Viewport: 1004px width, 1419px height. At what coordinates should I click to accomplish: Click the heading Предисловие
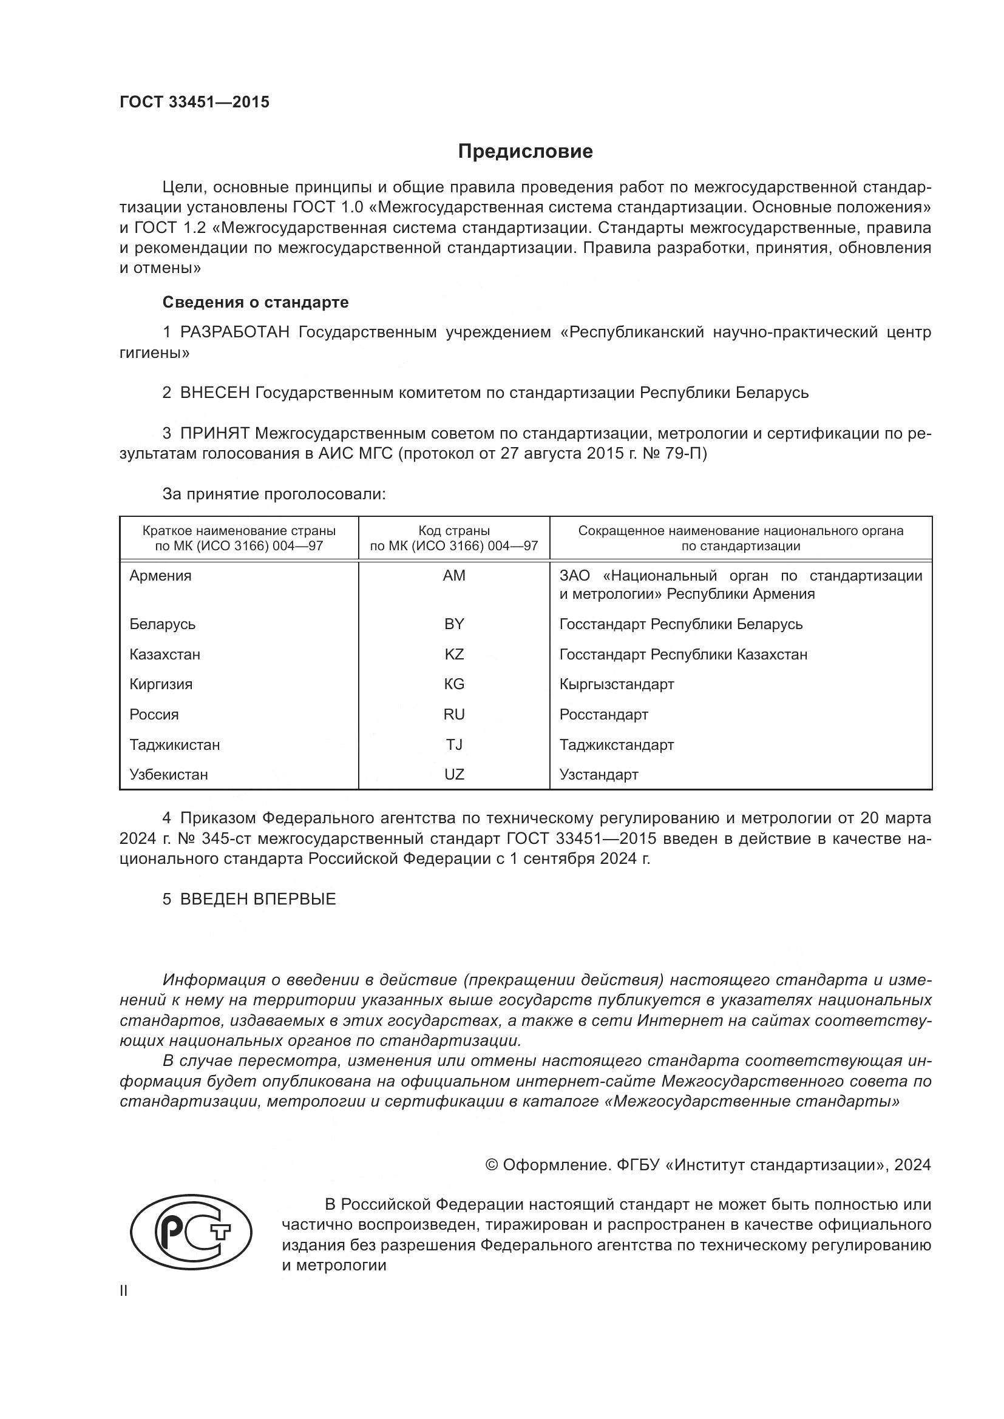(x=525, y=152)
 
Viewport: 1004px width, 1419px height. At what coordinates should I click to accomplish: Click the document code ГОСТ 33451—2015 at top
(x=194, y=103)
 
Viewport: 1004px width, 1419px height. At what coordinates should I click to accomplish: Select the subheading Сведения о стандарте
(x=256, y=302)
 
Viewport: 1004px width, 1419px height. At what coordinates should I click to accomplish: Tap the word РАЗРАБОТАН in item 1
(x=234, y=332)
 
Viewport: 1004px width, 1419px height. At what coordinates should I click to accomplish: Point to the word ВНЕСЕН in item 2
(x=214, y=393)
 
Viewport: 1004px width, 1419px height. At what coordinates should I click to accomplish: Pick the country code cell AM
(x=454, y=575)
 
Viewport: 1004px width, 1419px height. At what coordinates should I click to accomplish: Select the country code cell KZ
(x=454, y=654)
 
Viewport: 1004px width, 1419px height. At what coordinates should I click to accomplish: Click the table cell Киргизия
(x=161, y=684)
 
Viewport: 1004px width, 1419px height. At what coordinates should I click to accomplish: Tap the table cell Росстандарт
(x=603, y=715)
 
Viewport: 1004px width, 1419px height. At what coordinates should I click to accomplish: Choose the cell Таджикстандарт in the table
(x=616, y=745)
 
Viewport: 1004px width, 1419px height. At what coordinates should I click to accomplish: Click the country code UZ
(x=454, y=774)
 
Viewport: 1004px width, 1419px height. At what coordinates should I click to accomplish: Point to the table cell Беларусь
(x=162, y=624)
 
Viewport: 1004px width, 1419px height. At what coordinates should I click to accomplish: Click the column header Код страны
(x=454, y=531)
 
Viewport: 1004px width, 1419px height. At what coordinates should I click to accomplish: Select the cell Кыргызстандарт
(x=616, y=684)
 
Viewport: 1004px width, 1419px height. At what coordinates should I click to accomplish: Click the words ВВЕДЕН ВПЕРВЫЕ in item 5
(x=257, y=899)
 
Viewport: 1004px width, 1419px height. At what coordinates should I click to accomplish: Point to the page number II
(x=124, y=1290)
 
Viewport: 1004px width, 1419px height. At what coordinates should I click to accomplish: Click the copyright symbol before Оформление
(x=492, y=1165)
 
